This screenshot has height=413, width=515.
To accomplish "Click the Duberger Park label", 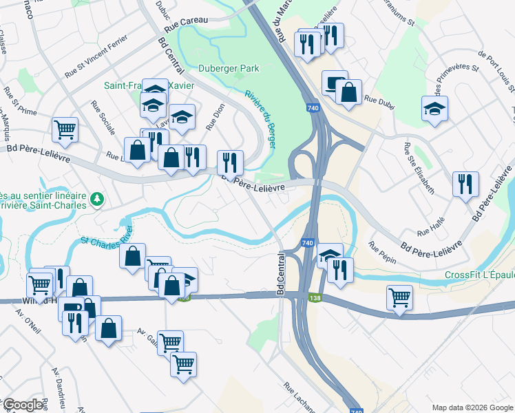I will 229,68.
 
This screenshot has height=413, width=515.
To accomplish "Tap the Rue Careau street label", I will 187,21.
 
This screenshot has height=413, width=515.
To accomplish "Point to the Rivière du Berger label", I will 260,113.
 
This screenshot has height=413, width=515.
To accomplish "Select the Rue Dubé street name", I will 378,100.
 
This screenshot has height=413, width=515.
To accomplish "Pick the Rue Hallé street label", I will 432,226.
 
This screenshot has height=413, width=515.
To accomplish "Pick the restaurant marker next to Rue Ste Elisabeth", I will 466,184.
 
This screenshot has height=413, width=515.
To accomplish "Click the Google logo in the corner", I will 23,405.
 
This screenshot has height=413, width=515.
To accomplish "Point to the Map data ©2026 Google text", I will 472,407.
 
